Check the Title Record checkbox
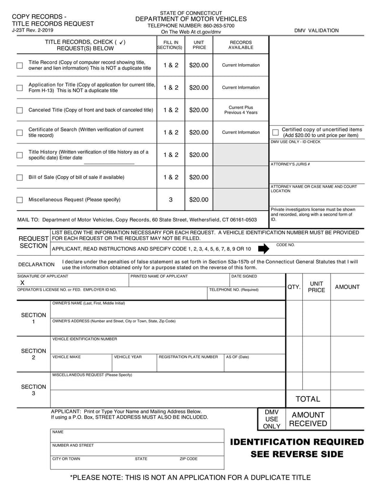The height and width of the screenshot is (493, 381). [x=20, y=65]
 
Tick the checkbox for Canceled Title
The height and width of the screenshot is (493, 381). [x=20, y=110]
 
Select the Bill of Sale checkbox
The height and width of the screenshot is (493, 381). [x=20, y=178]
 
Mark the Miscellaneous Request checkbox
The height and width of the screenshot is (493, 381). [x=20, y=200]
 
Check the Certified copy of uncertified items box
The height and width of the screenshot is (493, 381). [x=275, y=132]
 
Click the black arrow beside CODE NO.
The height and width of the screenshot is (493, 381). [x=263, y=248]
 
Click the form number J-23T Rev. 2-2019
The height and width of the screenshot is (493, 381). [x=32, y=30]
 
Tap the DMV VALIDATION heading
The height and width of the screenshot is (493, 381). [x=316, y=30]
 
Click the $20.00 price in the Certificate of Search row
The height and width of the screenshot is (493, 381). [x=199, y=132]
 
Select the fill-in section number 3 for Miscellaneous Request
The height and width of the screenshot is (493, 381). [x=170, y=200]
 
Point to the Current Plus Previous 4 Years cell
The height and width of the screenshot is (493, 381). [x=241, y=110]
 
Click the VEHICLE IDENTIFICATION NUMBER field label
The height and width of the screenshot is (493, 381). [x=84, y=339]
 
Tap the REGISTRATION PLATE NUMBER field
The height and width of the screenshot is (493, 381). [x=188, y=357]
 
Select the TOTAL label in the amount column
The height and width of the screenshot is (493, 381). [x=308, y=399]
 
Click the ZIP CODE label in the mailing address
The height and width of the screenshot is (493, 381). [x=188, y=459]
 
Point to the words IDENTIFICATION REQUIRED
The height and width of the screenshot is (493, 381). [x=297, y=442]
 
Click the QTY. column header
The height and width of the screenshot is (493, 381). [x=294, y=287]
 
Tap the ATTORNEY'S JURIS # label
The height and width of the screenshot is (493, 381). [x=291, y=164]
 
